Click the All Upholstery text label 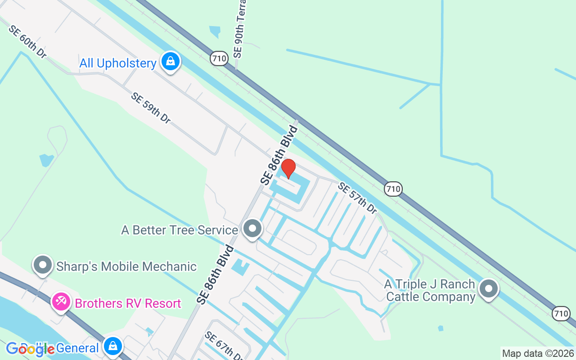pyautogui.click(x=118, y=63)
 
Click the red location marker pyautogui.click(x=288, y=169)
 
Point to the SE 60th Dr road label pyautogui.click(x=27, y=41)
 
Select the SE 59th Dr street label pyautogui.click(x=151, y=108)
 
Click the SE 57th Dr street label pyautogui.click(x=357, y=198)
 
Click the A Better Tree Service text pyautogui.click(x=180, y=230)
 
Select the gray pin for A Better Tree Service pyautogui.click(x=252, y=229)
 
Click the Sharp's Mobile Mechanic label pyautogui.click(x=126, y=266)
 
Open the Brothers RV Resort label pyautogui.click(x=128, y=304)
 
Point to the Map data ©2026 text pyautogui.click(x=538, y=353)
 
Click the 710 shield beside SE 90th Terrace pyautogui.click(x=219, y=58)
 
